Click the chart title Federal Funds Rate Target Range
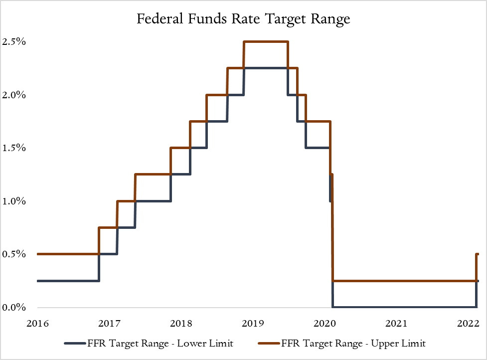pyautogui.click(x=244, y=19)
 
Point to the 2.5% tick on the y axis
pyautogui.click(x=14, y=42)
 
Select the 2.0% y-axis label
pyautogui.click(x=14, y=95)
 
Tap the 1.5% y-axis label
pyautogui.click(x=14, y=148)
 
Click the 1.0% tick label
pyautogui.click(x=14, y=201)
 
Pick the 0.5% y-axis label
pyautogui.click(x=14, y=254)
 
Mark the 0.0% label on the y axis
pyautogui.click(x=14, y=307)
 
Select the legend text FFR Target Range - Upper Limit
pyautogui.click(x=353, y=343)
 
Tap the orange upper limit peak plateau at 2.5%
pyautogui.click(x=266, y=42)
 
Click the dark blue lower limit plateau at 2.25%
pyautogui.click(x=266, y=68)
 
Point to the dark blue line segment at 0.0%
pyautogui.click(x=404, y=307)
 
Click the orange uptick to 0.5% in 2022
pyautogui.click(x=477, y=267)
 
